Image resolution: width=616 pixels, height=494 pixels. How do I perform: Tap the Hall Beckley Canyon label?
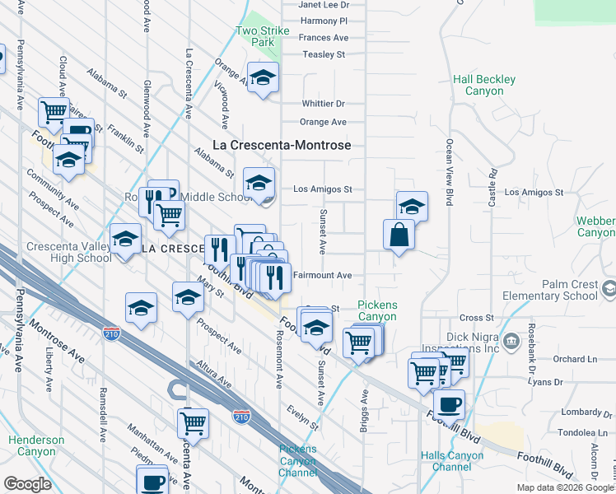click(484, 85)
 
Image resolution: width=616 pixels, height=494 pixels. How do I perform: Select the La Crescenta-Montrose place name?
click(282, 145)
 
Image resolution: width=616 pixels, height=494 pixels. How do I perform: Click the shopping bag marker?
click(399, 235)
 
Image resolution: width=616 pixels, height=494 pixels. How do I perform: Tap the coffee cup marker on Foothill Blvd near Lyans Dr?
click(449, 404)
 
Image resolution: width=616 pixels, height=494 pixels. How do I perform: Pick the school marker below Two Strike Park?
click(263, 78)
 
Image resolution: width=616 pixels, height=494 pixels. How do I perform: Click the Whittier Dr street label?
click(323, 104)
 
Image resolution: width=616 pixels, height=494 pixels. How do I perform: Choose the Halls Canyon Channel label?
click(446, 461)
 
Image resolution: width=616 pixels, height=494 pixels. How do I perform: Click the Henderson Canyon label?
click(36, 445)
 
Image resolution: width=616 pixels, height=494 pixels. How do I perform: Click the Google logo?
click(26, 484)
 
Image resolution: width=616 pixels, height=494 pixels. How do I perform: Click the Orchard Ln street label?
click(575, 359)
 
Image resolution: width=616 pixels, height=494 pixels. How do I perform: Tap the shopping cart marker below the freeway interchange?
click(193, 423)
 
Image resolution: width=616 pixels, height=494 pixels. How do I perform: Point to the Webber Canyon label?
click(596, 227)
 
